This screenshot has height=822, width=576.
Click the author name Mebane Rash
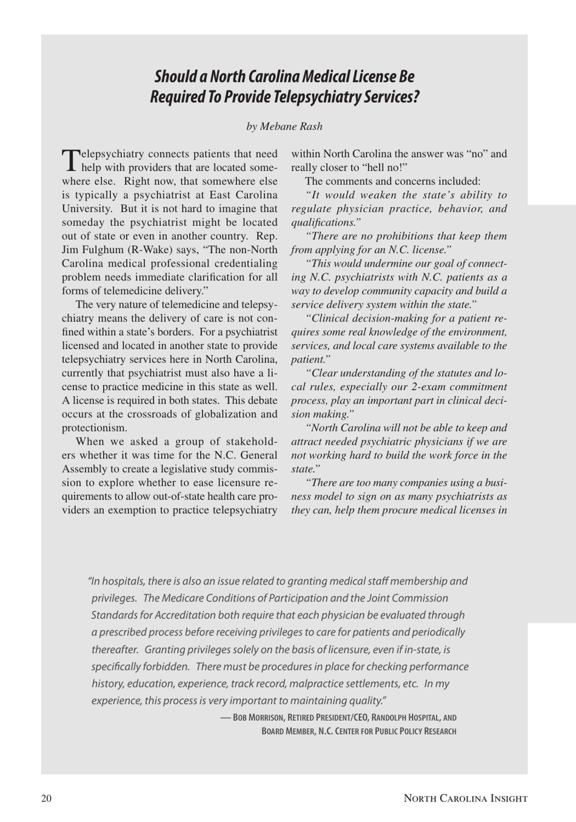pyautogui.click(x=291, y=127)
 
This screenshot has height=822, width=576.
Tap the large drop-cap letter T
pyautogui.click(x=70, y=160)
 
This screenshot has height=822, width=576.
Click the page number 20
pyautogui.click(x=47, y=798)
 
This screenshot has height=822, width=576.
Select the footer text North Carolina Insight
pyautogui.click(x=466, y=798)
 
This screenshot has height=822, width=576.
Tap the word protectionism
pyautogui.click(x=94, y=428)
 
